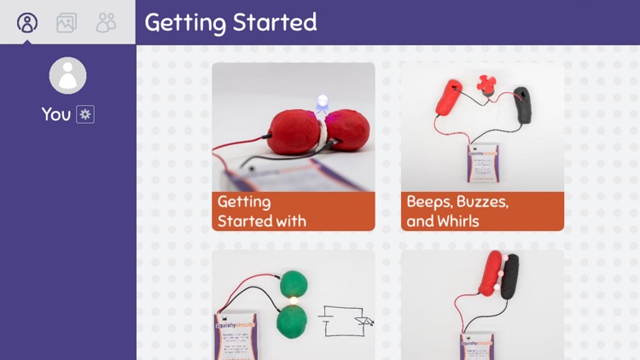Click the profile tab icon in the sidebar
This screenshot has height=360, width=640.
[27, 22]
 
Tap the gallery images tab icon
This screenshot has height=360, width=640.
[67, 23]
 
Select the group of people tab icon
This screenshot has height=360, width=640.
[106, 23]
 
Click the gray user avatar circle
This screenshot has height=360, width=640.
[67, 76]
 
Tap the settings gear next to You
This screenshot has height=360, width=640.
[85, 114]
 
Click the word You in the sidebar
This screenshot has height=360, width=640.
[56, 114]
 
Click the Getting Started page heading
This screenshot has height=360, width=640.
[230, 22]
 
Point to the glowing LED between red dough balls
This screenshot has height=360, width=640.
[322, 105]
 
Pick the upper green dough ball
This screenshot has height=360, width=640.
[294, 285]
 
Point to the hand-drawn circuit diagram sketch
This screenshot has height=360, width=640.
[346, 322]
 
